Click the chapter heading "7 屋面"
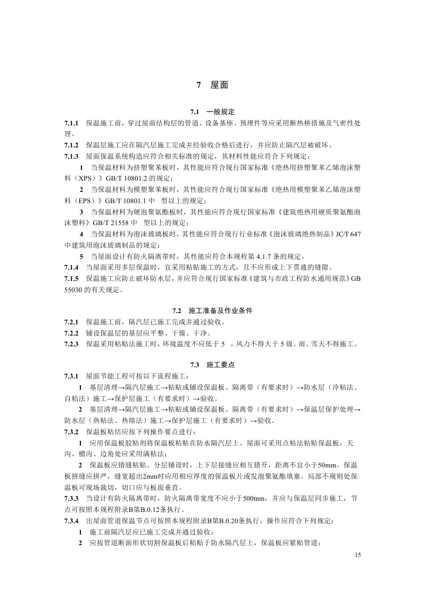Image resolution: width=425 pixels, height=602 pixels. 212,85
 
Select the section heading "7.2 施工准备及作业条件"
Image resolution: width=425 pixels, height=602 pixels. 212,311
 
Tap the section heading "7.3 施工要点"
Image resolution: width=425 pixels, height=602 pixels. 212,365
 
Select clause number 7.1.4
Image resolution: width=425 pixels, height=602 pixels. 72,266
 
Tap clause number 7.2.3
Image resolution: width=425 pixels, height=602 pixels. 72,344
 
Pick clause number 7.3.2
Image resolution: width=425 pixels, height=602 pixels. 72,432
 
